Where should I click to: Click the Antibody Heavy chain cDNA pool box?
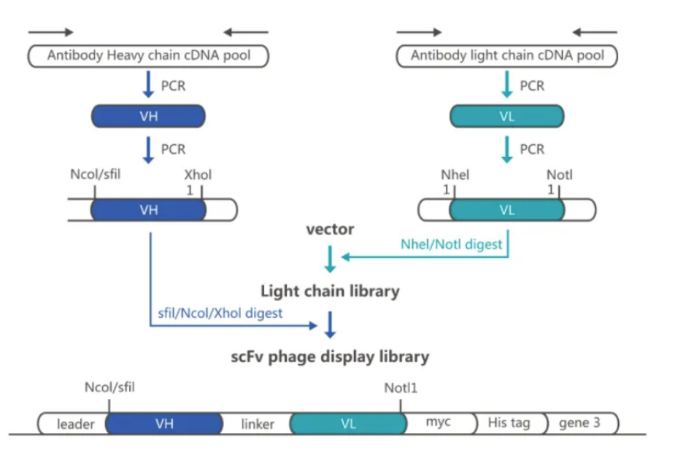pos(148,55)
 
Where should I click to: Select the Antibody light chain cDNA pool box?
pos(507,55)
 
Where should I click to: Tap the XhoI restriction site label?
pos(199,175)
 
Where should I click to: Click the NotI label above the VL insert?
pos(560,175)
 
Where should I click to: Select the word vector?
pos(330,230)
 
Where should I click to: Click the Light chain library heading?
pos(330,292)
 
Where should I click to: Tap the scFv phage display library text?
pos(330,357)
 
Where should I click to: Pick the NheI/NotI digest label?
pos(452,245)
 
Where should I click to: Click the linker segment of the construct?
pos(257,424)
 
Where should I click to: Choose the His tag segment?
pos(509,423)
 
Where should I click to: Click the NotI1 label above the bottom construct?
pos(401,388)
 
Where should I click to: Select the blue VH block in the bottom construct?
pos(164,424)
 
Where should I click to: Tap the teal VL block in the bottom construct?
pos(348,424)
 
